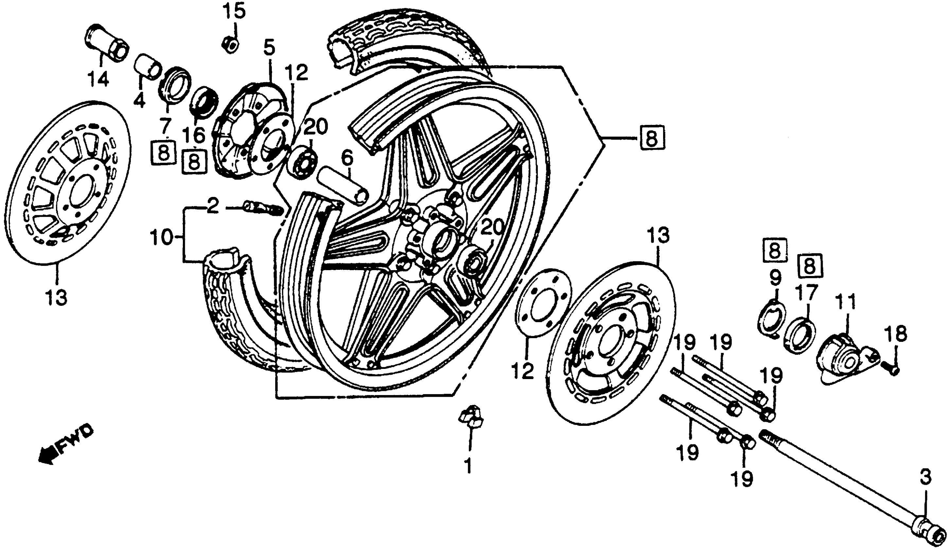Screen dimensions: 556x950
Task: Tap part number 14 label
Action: tap(98, 79)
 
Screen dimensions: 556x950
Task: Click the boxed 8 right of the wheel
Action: tap(652, 139)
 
